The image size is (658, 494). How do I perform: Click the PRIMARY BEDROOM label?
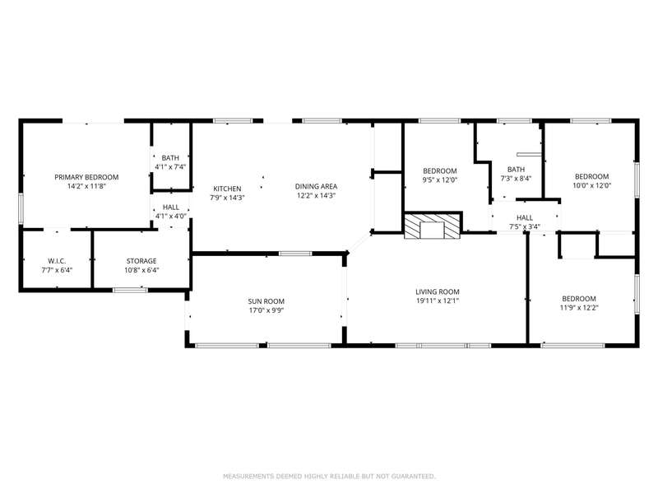86,177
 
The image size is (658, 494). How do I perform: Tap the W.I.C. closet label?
57,261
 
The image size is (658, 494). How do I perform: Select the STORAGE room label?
141,261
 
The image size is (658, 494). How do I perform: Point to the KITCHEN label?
228,189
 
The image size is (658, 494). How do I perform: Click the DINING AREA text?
316,187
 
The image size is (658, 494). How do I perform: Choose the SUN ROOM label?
266,301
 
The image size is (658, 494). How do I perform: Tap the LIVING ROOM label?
438,291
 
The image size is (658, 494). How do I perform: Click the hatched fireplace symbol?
433,226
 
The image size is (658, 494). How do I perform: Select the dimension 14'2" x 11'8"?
86,186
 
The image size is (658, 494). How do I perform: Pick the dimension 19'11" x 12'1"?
438,301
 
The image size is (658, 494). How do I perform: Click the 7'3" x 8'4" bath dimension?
516,178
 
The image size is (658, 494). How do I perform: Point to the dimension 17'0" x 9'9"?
266,310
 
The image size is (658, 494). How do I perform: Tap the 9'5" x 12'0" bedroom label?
440,179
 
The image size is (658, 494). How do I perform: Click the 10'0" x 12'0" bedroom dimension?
591,185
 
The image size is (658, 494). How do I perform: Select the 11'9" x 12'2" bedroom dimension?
579,307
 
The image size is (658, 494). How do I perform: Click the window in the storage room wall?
130,290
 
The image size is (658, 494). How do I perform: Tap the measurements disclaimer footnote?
329,477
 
